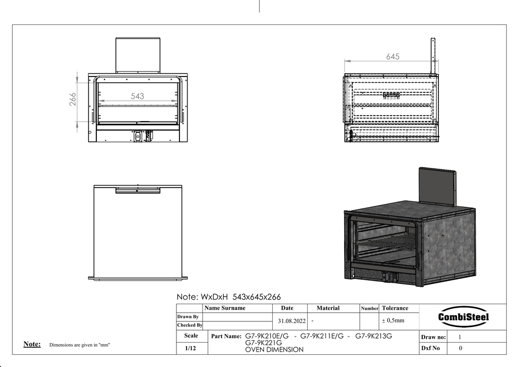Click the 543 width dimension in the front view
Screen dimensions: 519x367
point(137,96)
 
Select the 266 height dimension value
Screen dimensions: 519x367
point(73,99)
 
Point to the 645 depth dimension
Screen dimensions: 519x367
point(393,57)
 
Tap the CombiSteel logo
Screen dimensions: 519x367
point(463,317)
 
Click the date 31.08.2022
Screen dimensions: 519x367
point(291,321)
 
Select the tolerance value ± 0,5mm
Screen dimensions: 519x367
point(393,320)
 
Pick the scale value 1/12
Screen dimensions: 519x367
point(191,348)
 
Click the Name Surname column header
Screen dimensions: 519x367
point(225,308)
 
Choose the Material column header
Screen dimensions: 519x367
point(328,308)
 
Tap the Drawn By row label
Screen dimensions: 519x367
point(188,317)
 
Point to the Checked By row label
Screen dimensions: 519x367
point(190,325)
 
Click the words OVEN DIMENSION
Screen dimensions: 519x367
point(274,349)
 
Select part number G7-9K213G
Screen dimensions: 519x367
point(374,336)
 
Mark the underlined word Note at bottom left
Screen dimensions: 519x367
point(32,344)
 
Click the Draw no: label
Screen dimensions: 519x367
point(433,337)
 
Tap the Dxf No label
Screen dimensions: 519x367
point(430,348)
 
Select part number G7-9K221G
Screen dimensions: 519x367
point(264,343)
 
